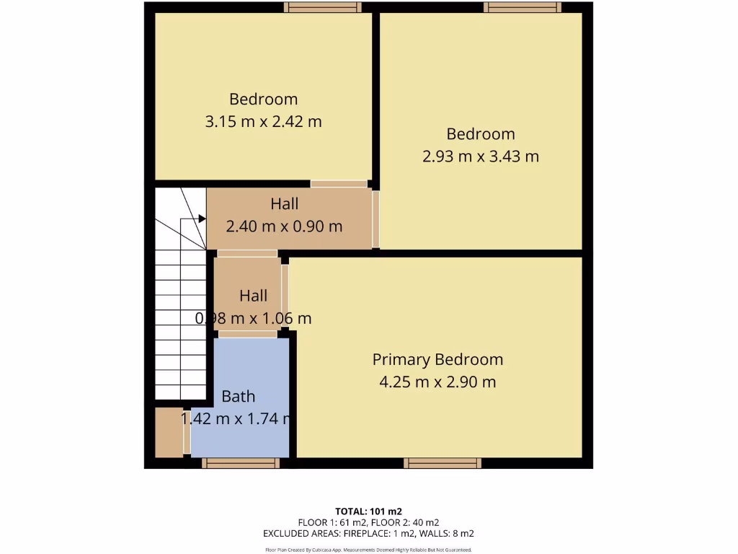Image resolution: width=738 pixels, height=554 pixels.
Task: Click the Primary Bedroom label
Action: click(437, 359)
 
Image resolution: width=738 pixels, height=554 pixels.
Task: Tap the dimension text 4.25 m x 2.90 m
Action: click(437, 382)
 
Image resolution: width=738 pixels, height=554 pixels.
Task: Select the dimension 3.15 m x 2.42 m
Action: click(263, 122)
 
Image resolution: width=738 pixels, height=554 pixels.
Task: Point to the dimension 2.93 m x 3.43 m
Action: click(480, 156)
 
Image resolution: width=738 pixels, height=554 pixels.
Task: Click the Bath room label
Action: click(238, 396)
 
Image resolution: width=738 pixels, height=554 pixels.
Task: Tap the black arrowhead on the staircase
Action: click(203, 219)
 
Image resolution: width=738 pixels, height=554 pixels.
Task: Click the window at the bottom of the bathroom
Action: click(240, 463)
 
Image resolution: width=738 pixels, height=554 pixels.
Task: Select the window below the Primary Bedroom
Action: click(442, 463)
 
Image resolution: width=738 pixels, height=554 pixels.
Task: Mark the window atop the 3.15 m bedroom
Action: click(322, 7)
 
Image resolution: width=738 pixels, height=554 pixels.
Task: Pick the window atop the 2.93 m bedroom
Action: click(522, 7)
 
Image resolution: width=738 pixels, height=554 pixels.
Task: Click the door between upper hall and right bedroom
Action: click(375, 219)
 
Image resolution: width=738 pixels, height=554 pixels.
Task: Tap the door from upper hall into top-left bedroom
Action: click(339, 184)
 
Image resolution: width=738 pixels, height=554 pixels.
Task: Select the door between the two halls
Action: click(247, 253)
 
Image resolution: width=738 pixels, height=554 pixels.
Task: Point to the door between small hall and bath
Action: click(247, 334)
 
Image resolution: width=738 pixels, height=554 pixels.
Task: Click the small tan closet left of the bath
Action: click(169, 432)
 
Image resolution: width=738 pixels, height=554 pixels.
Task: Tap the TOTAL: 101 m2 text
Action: click(368, 511)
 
